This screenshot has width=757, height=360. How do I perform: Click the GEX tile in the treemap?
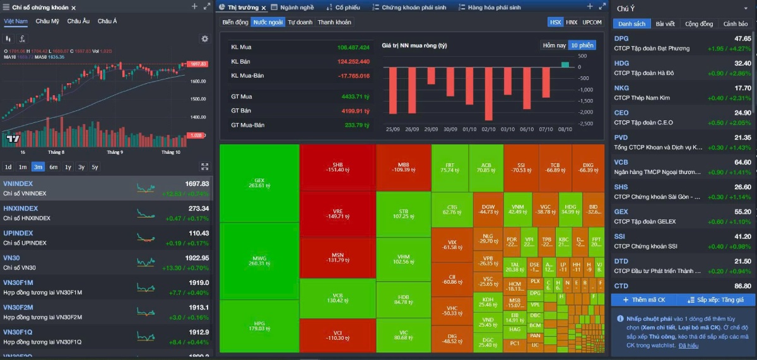(x=259, y=183)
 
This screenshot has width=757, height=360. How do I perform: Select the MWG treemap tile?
(x=259, y=260)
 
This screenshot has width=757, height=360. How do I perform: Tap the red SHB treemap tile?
(x=337, y=167)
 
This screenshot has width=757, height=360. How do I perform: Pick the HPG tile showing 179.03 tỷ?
(x=259, y=325)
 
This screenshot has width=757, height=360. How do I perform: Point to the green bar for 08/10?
(x=565, y=64)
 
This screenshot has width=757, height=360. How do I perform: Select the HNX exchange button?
(x=572, y=22)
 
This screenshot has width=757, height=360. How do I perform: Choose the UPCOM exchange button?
(x=592, y=22)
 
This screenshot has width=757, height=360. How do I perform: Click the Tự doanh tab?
(x=300, y=22)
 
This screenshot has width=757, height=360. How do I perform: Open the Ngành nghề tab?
(x=296, y=8)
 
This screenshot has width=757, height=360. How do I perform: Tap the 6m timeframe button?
(x=54, y=167)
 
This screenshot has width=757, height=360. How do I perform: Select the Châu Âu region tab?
(x=78, y=21)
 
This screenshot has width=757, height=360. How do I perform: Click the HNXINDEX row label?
(x=21, y=209)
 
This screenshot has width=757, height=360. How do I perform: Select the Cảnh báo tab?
(x=735, y=24)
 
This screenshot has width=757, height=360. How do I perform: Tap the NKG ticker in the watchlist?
(x=621, y=88)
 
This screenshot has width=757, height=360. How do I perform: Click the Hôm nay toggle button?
(x=554, y=45)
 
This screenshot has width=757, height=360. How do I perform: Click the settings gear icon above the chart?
(x=204, y=38)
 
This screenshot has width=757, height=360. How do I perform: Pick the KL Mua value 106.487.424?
(x=353, y=47)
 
